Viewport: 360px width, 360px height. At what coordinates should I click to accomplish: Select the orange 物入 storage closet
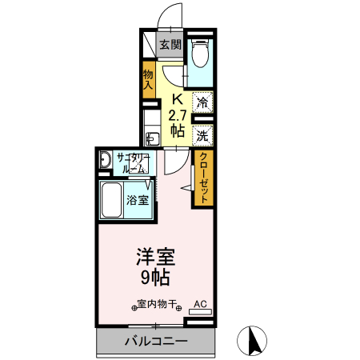tap(148, 79)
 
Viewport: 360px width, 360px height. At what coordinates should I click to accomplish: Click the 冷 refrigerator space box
tap(203, 102)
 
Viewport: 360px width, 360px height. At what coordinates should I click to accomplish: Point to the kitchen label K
tap(178, 99)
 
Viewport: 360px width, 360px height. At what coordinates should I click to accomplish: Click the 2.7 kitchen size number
tap(178, 114)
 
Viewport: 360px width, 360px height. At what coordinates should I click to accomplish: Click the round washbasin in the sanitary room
tap(105, 161)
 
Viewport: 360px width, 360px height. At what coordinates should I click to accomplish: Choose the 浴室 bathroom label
tap(137, 200)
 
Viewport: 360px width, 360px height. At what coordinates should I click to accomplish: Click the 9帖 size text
tap(154, 278)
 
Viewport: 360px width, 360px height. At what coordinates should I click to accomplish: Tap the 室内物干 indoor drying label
tap(157, 305)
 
